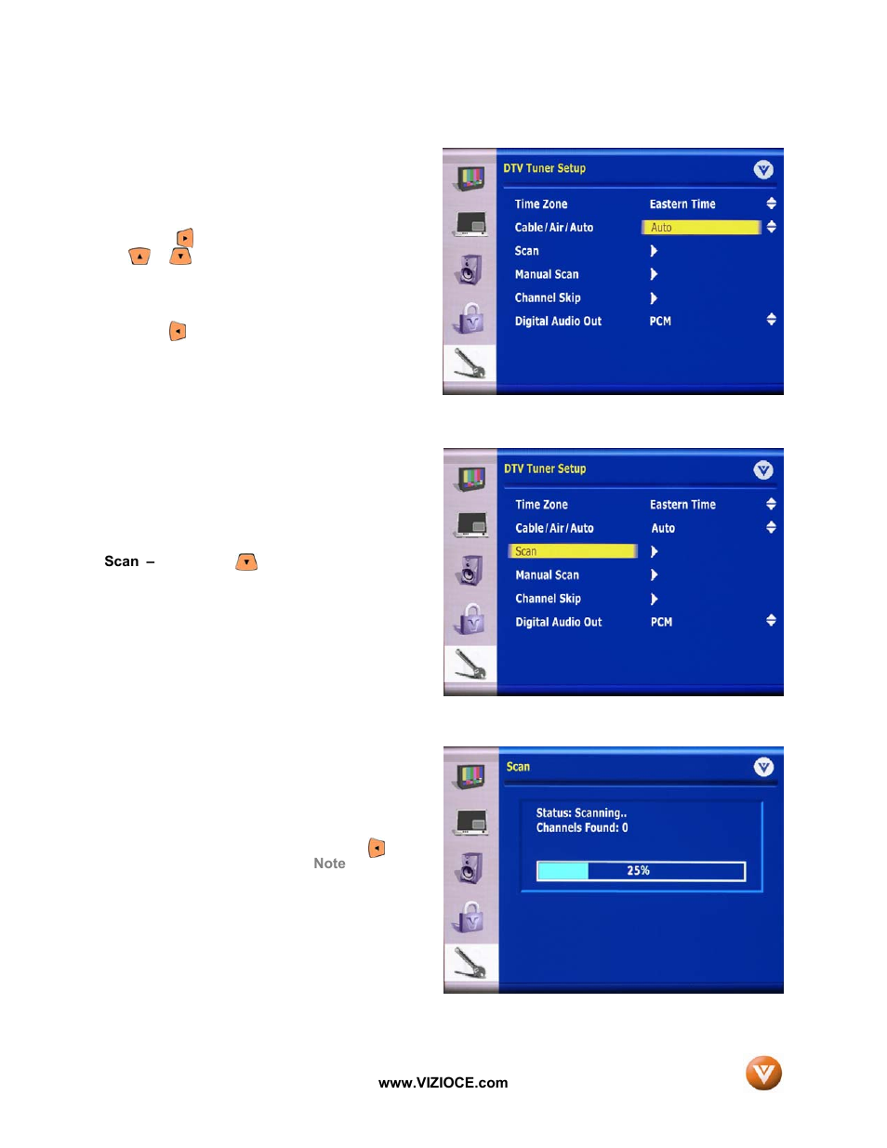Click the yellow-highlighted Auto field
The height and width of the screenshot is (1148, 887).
701,227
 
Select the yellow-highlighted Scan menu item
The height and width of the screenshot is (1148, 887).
573,551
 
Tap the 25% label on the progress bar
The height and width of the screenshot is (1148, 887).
638,870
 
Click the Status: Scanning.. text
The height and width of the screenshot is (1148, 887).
581,813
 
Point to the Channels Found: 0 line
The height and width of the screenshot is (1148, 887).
582,828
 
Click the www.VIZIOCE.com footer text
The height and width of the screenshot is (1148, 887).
443,1083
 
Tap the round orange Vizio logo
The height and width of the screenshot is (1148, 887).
763,1073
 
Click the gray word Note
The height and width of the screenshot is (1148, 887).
329,864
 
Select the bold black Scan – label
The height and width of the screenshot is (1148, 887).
129,561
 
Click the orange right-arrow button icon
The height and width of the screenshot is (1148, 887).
185,238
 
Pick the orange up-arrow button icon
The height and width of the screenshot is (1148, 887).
139,257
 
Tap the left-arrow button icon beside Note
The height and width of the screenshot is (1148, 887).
377,848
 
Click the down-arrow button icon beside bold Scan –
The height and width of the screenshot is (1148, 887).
246,561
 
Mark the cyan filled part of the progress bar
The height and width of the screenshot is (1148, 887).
563,871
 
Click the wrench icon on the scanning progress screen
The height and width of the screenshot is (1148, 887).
470,963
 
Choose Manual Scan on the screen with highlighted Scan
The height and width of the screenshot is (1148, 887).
547,574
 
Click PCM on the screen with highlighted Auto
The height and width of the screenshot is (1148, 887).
660,322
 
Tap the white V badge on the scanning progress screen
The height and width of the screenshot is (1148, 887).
762,767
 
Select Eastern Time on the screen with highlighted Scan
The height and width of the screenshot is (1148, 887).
682,505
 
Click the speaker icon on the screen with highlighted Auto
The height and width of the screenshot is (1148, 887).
470,270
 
